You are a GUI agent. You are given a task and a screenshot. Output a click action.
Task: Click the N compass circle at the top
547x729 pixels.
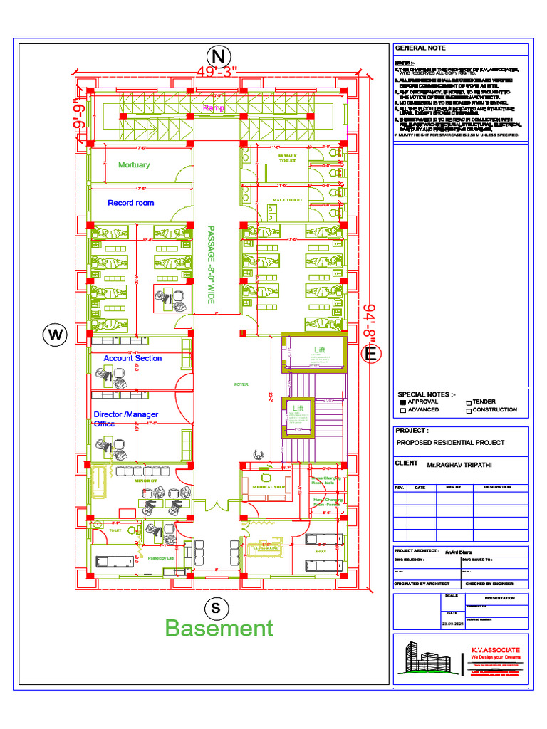pyautogui.click(x=219, y=56)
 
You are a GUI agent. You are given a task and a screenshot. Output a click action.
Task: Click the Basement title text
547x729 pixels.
pyautogui.click(x=219, y=628)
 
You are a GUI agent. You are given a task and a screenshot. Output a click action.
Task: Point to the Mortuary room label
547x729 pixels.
pyautogui.click(x=134, y=164)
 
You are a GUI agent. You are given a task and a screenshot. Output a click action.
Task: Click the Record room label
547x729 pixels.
pyautogui.click(x=130, y=203)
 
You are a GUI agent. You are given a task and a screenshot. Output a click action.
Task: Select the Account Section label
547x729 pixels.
pyautogui.click(x=132, y=358)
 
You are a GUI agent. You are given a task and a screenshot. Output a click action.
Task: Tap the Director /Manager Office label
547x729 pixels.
pyautogui.click(x=125, y=419)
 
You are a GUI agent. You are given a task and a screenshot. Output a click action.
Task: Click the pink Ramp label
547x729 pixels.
pyautogui.click(x=213, y=108)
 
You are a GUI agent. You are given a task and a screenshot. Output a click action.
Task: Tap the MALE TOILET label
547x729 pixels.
pyautogui.click(x=287, y=200)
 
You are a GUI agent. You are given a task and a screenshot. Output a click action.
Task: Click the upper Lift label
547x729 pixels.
pyautogui.click(x=318, y=350)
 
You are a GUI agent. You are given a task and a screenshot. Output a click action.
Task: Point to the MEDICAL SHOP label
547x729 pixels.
pyautogui.click(x=268, y=487)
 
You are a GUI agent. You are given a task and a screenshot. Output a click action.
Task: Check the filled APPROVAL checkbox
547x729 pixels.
pyautogui.click(x=402, y=402)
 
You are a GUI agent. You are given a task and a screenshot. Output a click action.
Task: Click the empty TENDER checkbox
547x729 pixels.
pyautogui.click(x=468, y=402)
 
